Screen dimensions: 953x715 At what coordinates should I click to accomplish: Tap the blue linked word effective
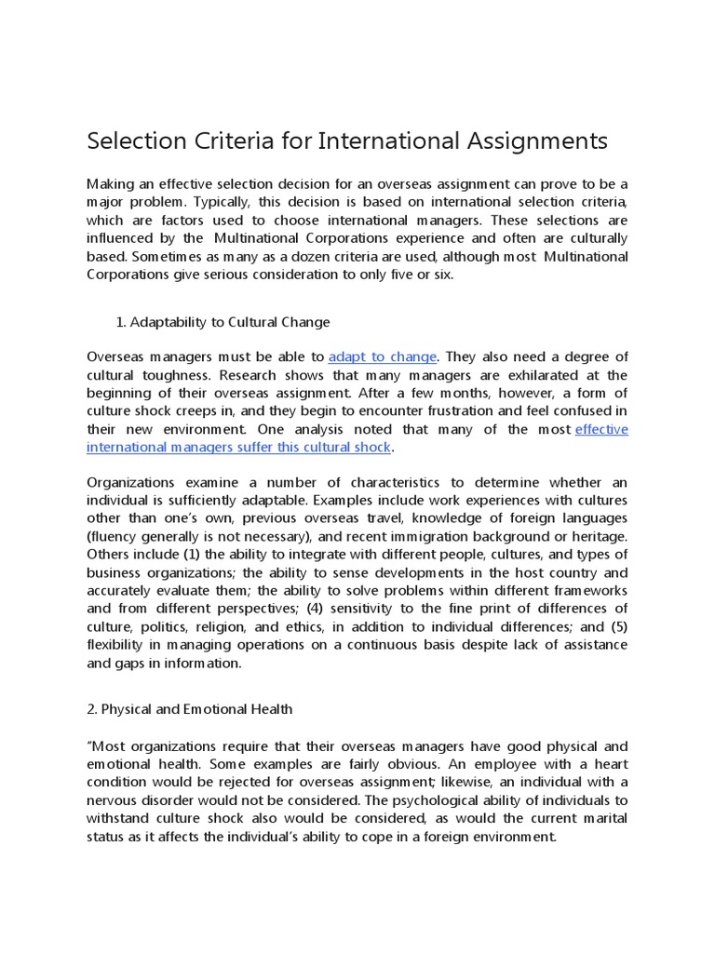pyautogui.click(x=601, y=429)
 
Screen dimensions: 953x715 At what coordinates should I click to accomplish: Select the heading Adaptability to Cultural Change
pyautogui.click(x=229, y=322)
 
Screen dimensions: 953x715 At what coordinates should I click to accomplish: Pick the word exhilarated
pyautogui.click(x=541, y=375)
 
